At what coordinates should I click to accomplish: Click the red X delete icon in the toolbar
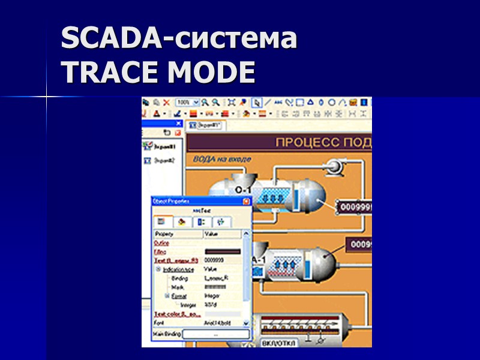(x=166, y=103)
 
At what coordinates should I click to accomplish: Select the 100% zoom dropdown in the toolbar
(x=187, y=103)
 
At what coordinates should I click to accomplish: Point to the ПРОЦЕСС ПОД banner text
(x=323, y=143)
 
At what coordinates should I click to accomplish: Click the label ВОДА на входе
(x=222, y=159)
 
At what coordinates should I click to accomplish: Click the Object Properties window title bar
(x=192, y=202)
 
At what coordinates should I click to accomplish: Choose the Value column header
(x=212, y=234)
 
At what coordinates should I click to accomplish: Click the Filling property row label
(x=160, y=252)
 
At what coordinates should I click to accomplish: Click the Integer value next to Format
(x=213, y=296)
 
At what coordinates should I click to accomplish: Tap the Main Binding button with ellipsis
(x=215, y=334)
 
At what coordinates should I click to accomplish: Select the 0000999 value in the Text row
(x=214, y=260)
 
